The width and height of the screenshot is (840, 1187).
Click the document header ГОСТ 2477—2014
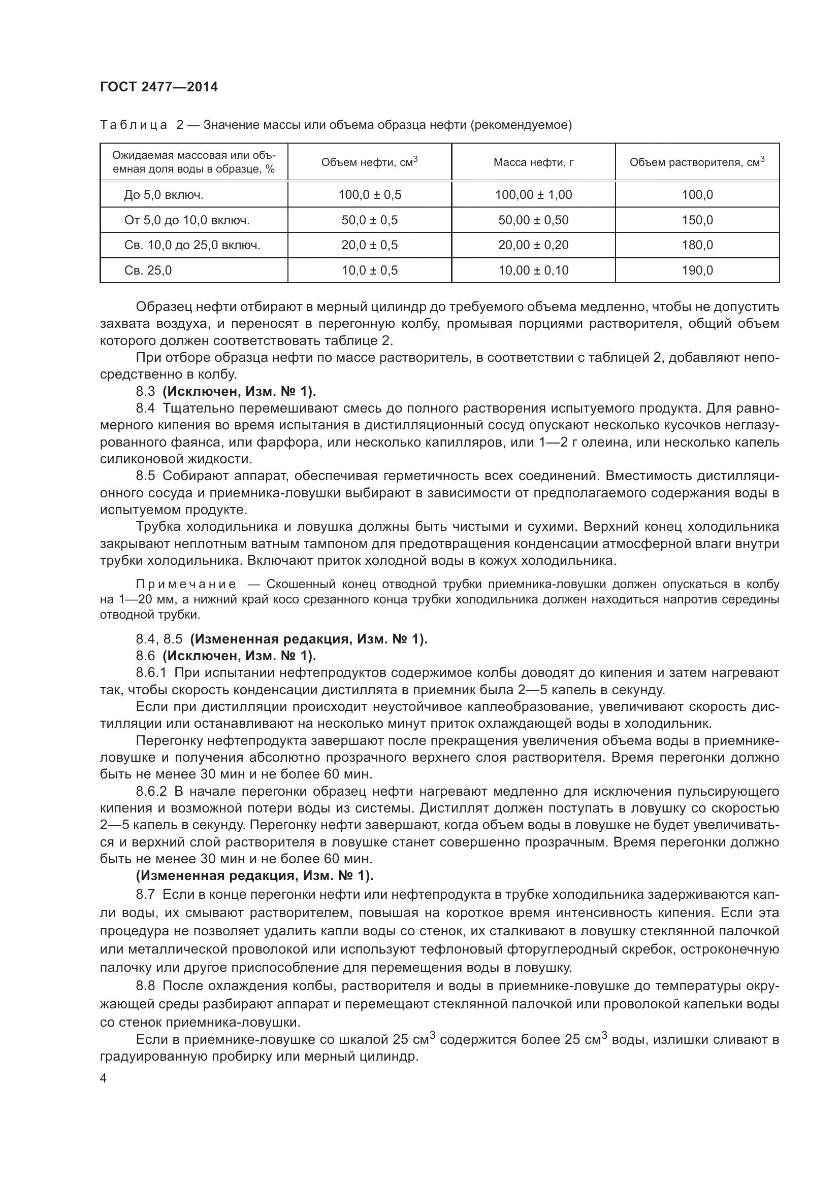159,87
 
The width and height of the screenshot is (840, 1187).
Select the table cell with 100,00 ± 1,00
533,195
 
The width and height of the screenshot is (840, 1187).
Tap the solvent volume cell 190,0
697,270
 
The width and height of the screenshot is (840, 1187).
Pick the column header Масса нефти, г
533,162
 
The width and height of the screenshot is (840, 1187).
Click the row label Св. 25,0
148,270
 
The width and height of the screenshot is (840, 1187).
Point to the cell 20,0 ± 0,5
369,245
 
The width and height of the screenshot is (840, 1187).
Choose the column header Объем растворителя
697,162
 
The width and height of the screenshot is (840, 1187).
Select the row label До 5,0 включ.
164,195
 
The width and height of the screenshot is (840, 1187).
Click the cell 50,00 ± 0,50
533,220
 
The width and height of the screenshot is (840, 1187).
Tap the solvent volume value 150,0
697,220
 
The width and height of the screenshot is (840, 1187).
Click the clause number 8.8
145,986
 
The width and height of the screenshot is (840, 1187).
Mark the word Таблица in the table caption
134,125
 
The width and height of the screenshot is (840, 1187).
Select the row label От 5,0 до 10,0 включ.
187,220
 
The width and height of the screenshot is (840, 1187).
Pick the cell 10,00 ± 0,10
533,270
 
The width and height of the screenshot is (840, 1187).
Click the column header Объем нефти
369,162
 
